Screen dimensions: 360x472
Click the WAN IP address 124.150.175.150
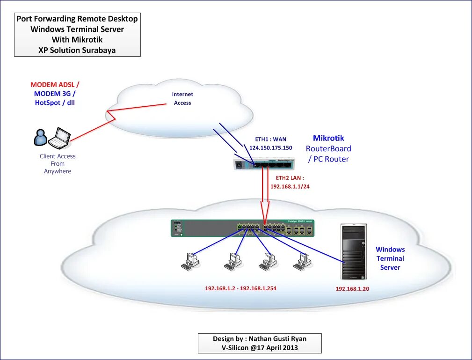tap(270, 148)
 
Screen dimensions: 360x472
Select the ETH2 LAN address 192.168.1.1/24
tap(290, 186)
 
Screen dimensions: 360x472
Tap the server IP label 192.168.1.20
tap(352, 289)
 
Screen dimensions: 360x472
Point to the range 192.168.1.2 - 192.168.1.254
tap(240, 288)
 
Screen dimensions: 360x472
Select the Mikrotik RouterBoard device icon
tap(264, 163)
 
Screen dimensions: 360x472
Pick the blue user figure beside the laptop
tap(41, 137)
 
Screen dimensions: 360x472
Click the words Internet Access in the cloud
tap(182, 99)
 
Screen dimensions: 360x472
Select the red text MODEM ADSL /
tap(55, 85)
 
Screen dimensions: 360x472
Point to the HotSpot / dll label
tap(55, 103)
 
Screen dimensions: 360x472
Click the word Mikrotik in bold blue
tap(328, 138)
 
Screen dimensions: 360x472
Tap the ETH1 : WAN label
tap(270, 139)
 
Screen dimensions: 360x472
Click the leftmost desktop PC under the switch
tap(190, 261)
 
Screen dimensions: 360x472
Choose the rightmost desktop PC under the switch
tap(302, 261)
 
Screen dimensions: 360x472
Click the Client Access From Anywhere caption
tap(58, 164)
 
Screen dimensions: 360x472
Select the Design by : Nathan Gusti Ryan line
tap(260, 339)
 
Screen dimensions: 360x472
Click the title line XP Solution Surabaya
tap(77, 50)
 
